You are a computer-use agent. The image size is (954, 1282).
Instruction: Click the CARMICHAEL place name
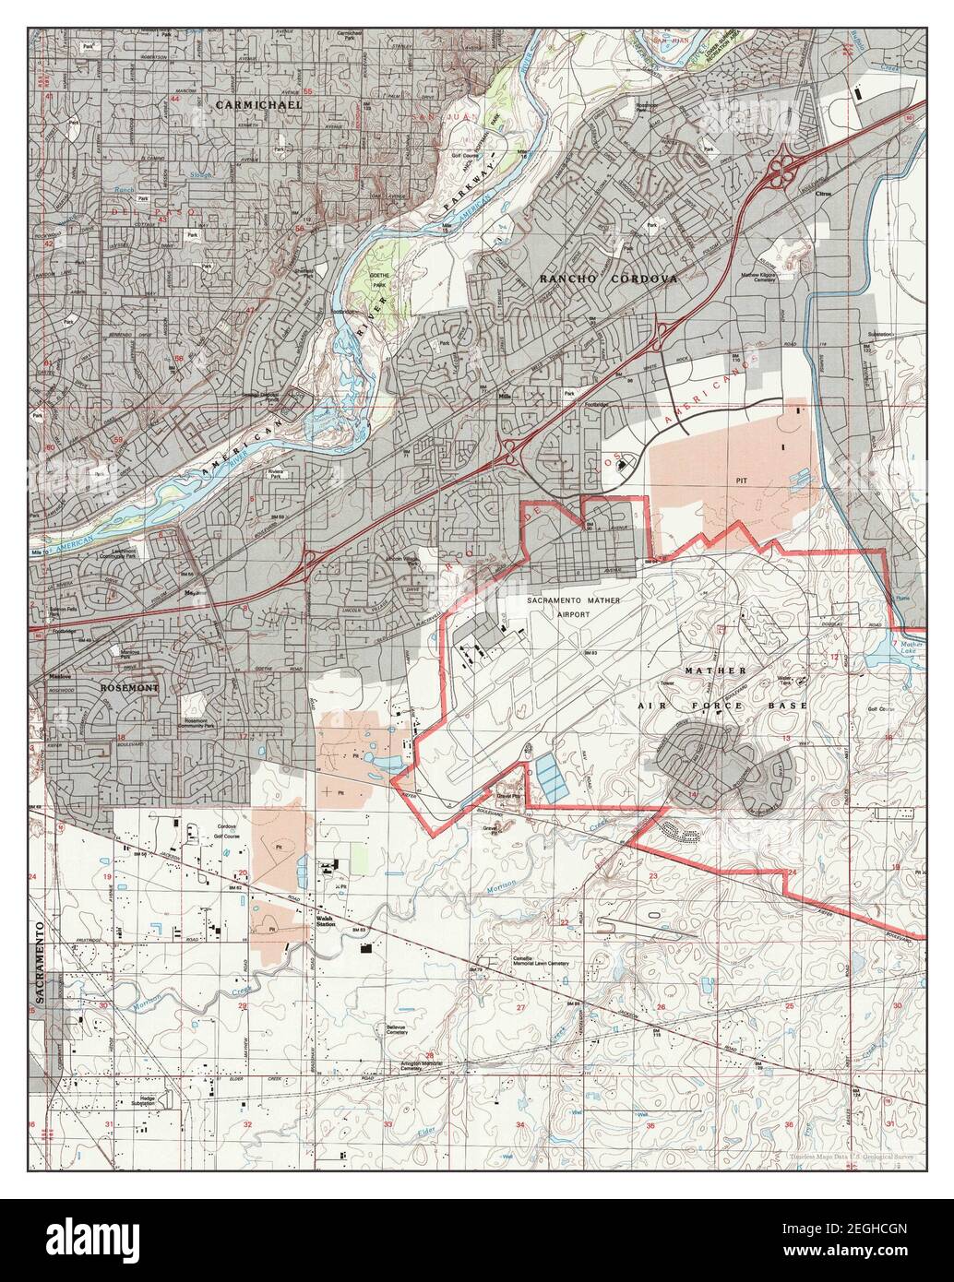258,105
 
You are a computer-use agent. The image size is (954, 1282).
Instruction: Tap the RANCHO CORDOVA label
608,278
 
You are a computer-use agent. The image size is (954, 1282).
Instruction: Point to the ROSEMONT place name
129,688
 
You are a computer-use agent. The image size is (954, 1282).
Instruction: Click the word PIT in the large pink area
740,481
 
